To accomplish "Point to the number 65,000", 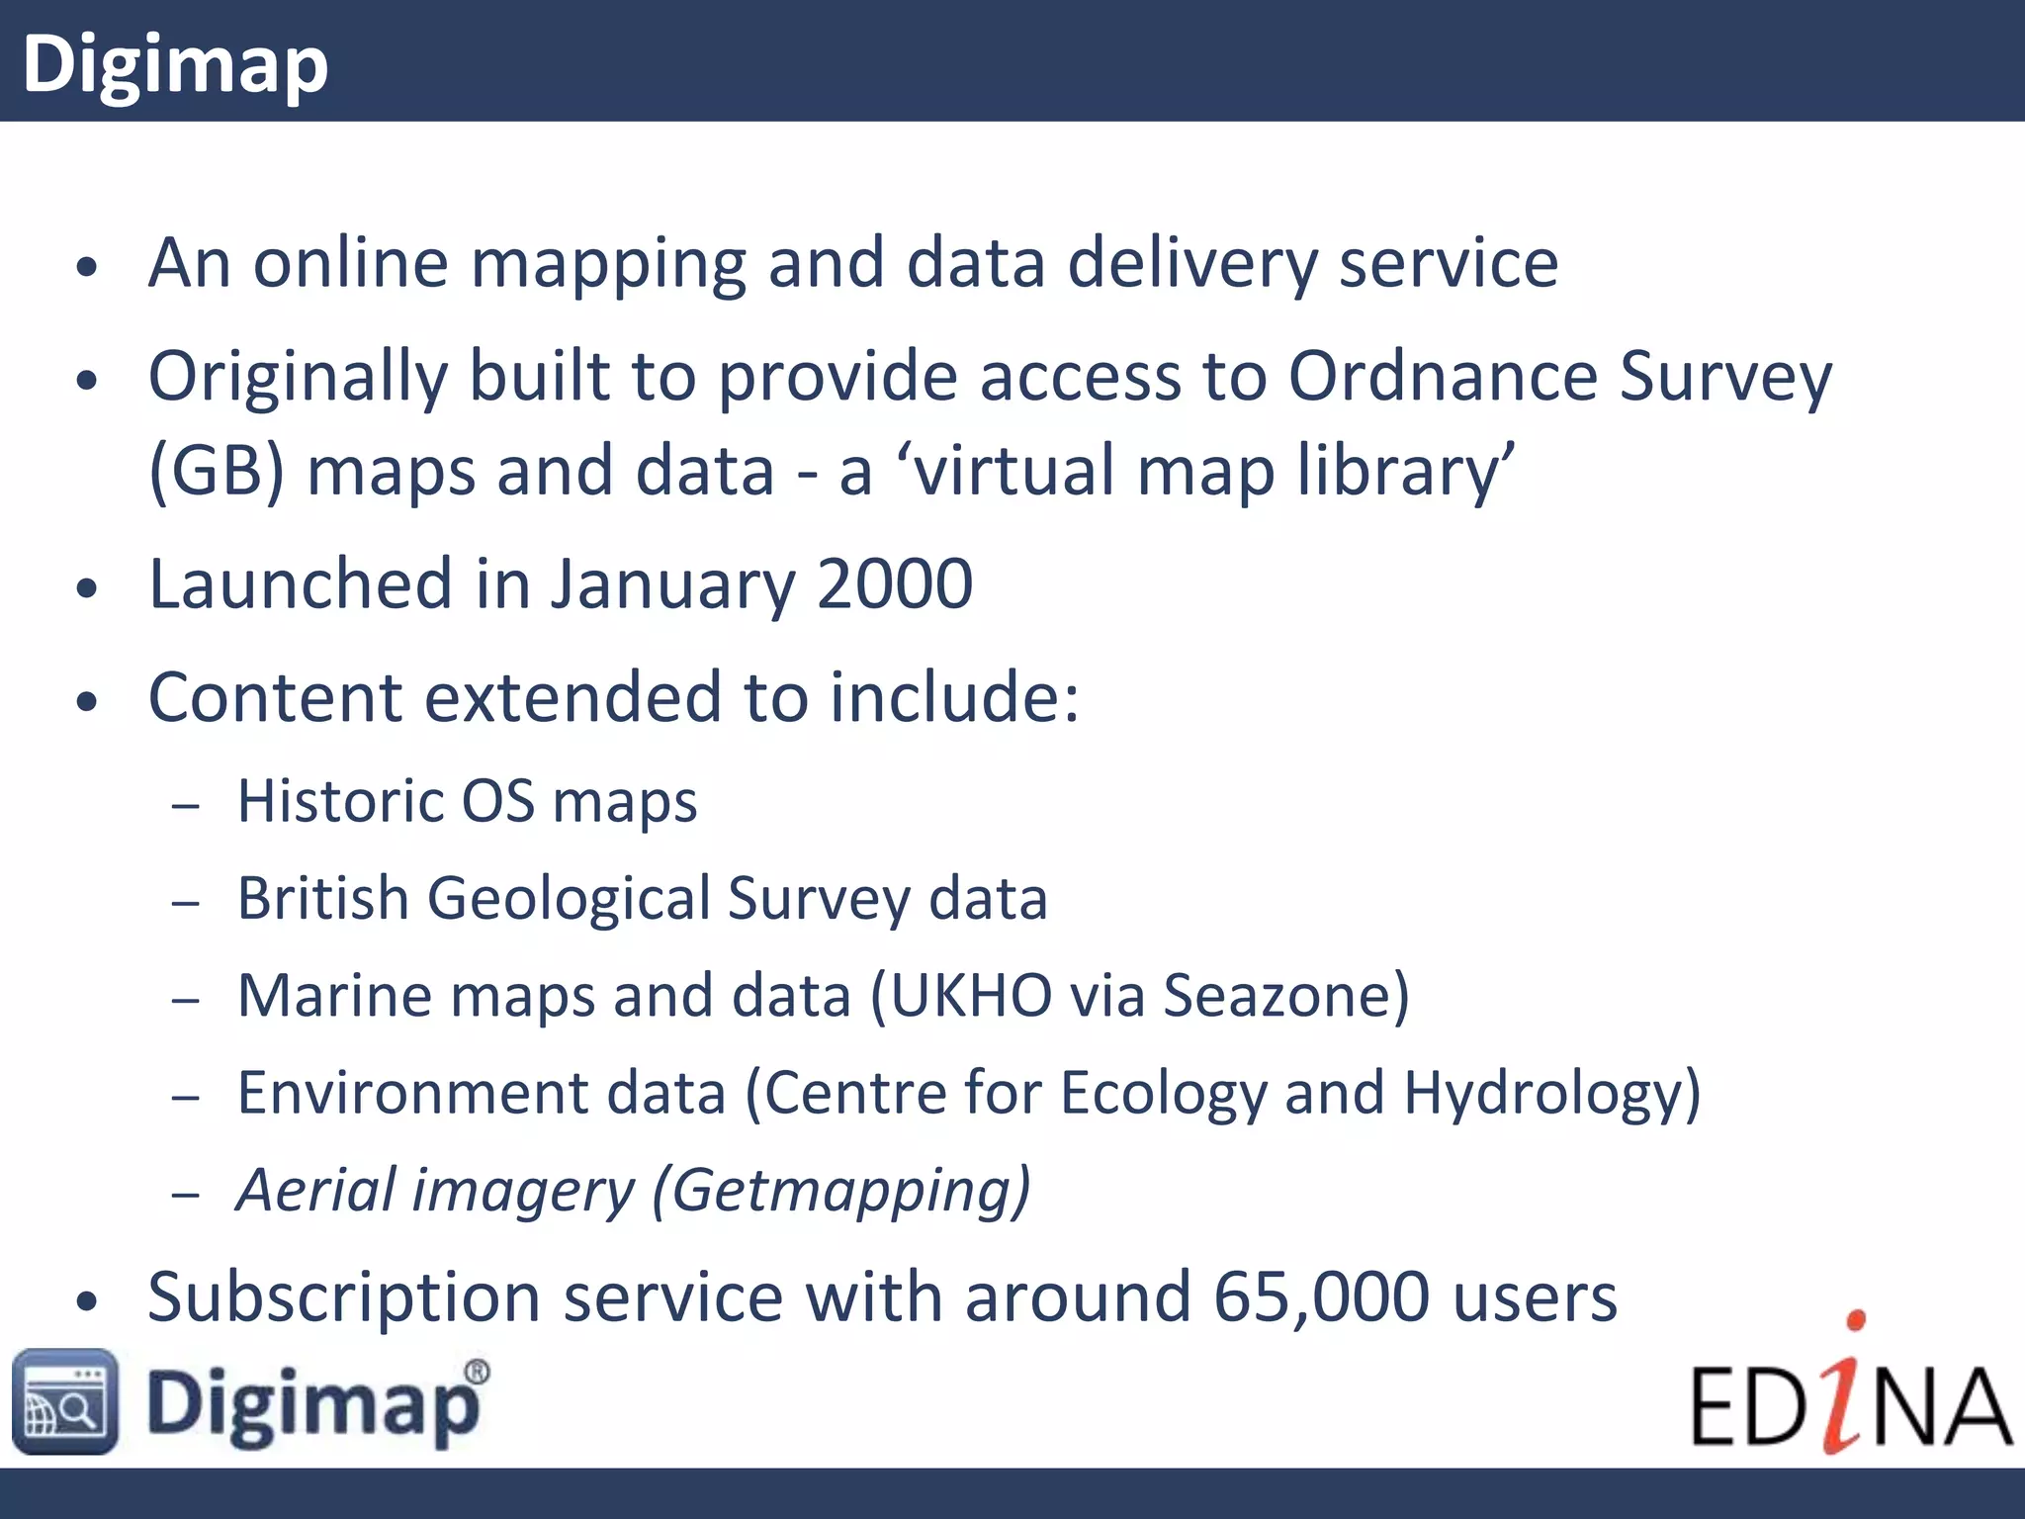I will click(x=1321, y=1296).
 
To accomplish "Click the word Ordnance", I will click(x=1443, y=377).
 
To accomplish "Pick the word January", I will click(x=672, y=585).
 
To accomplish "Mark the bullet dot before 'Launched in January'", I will click(x=88, y=588).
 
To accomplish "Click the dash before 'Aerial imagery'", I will click(x=185, y=1195).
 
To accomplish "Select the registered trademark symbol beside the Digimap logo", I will click(x=477, y=1372).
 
